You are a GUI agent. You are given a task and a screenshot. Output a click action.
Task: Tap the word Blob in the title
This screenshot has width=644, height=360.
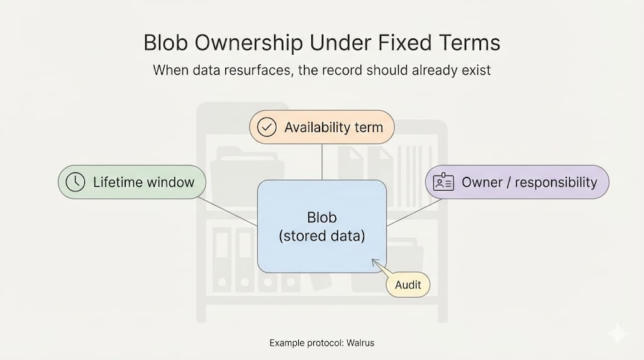click(x=165, y=43)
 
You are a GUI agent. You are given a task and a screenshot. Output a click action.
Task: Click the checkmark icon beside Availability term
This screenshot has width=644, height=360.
click(x=267, y=128)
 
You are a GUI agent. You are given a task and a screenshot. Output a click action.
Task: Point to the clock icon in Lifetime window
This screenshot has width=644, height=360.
click(x=75, y=183)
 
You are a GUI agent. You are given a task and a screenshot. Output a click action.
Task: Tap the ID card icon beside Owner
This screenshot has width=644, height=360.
click(x=443, y=183)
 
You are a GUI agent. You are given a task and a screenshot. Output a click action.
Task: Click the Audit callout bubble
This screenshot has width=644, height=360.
click(x=408, y=285)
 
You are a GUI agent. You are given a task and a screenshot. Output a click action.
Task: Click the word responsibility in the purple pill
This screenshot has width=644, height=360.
click(x=557, y=183)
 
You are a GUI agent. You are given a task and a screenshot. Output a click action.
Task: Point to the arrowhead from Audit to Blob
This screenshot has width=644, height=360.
click(x=374, y=261)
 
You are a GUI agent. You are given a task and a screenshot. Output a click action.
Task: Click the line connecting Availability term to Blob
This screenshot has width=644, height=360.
click(x=322, y=162)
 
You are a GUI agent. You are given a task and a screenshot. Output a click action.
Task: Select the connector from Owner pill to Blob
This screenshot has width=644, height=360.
click(x=413, y=213)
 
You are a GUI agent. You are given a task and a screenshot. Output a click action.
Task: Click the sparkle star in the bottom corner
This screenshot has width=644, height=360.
click(x=618, y=334)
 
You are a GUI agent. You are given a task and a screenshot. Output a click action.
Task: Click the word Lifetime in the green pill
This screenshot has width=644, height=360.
click(x=117, y=183)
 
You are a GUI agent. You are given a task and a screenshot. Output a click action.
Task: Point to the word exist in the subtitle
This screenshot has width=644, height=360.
click(x=478, y=69)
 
